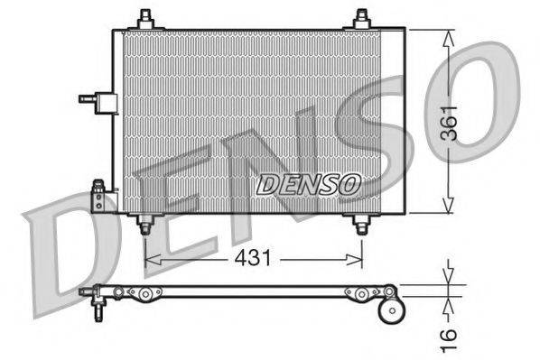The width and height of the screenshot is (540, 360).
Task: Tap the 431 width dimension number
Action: coord(254,258)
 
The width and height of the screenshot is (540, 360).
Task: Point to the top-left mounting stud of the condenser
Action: coord(145,19)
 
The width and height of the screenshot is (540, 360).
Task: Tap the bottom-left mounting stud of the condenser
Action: coord(144,225)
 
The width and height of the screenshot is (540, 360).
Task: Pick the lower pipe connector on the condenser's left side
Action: coord(98,196)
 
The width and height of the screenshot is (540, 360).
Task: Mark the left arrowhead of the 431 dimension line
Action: coord(150,259)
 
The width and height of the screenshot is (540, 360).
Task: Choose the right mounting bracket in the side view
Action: coord(357,292)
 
